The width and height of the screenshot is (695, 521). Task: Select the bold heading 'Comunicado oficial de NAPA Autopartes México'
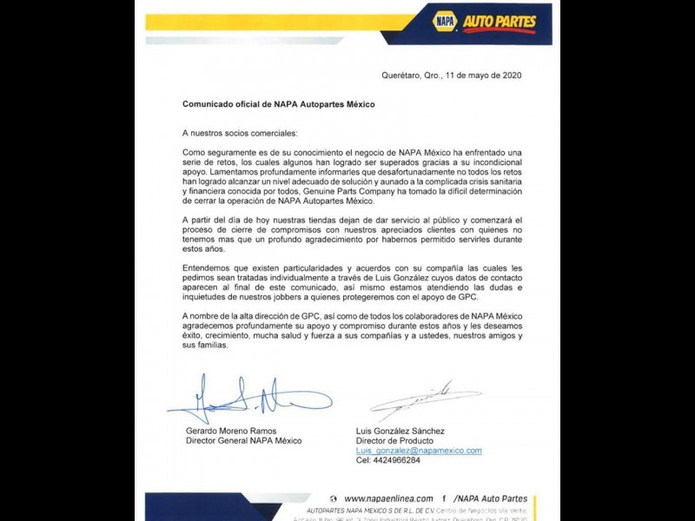pos(278,104)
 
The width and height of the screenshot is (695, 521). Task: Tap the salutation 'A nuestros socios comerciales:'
pos(239,133)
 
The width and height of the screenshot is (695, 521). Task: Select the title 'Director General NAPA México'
pos(244,441)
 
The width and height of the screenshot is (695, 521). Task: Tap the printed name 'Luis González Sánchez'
pos(400,432)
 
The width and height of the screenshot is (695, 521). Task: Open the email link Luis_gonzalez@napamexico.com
pos(419,451)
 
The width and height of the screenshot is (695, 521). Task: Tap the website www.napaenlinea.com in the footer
pos(388,498)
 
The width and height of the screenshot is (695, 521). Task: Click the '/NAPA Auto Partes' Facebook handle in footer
pos(491,498)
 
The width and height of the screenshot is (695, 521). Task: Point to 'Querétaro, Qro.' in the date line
pos(412,76)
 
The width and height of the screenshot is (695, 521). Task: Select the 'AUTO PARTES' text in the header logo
pos(499,22)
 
